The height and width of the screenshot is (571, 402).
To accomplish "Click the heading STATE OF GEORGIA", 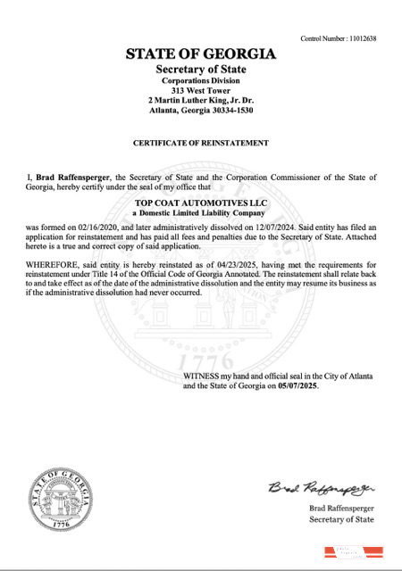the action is (x=201, y=55).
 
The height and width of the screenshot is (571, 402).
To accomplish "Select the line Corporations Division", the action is (x=201, y=80).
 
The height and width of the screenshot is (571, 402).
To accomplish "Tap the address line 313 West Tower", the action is (x=201, y=90).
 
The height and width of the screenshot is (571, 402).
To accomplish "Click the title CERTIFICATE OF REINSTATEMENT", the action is (x=201, y=143).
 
